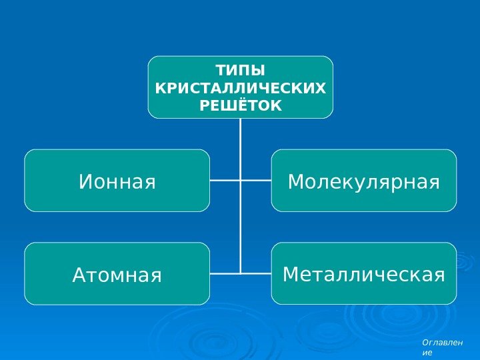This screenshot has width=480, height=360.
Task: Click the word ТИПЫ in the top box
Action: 240,71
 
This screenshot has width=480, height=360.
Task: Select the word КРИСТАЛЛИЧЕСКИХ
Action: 240,88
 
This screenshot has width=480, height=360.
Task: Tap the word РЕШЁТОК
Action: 240,105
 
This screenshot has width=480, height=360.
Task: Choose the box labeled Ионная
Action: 117,181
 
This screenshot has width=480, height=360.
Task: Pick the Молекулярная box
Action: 364,181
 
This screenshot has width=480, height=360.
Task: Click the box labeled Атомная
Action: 117,274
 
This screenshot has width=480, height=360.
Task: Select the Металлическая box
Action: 364,273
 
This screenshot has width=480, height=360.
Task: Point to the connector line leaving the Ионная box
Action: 223,180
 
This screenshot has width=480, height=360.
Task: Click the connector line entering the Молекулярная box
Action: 257,180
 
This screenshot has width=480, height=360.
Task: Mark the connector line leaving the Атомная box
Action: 223,273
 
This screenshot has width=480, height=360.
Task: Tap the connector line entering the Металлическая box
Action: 257,273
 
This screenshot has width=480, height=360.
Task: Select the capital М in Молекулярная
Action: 297,181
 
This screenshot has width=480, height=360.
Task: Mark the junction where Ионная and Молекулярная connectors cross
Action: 240,180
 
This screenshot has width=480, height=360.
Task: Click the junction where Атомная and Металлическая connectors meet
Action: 240,273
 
